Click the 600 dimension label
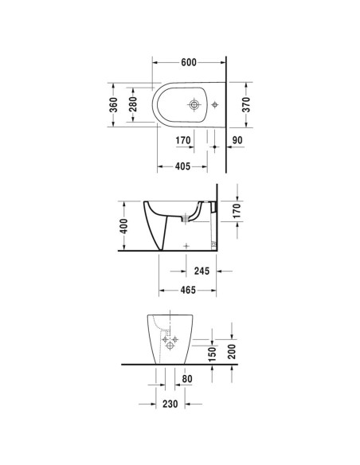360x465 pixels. pos(189,62)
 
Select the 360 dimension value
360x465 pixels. pos(114,104)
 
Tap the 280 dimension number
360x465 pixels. pos(133,104)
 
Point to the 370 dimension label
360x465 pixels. pos(246,104)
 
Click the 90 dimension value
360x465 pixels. pos(237,140)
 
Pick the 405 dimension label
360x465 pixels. pos(182,166)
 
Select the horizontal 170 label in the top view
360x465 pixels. pos(183,140)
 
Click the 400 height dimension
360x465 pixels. pos(123,226)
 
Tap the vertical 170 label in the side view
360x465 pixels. pos(237,211)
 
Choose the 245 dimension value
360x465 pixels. pos(202,271)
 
